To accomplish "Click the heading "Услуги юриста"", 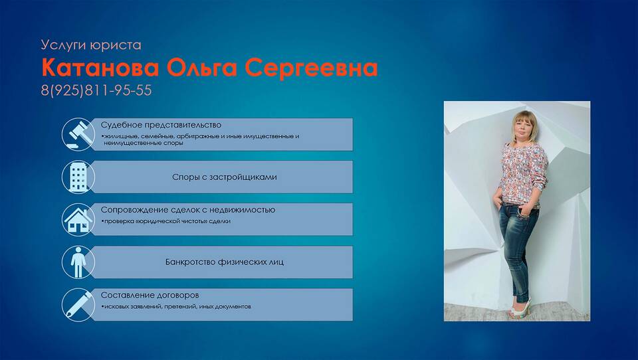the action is [91, 45].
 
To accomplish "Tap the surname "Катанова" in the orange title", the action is [100, 68].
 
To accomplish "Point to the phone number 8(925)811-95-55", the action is [96, 90].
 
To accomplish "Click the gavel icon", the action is [78, 134].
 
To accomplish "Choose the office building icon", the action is [78, 177].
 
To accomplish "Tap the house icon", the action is [78, 220].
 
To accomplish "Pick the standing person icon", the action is [78, 262].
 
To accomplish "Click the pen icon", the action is [78, 305].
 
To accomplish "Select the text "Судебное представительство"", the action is [161, 125].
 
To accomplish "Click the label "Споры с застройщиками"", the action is [224, 177].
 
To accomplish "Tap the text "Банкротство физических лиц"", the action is [224, 262].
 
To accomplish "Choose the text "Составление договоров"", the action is [150, 295].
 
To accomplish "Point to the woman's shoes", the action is [520, 308].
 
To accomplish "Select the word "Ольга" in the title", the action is [201, 68].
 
